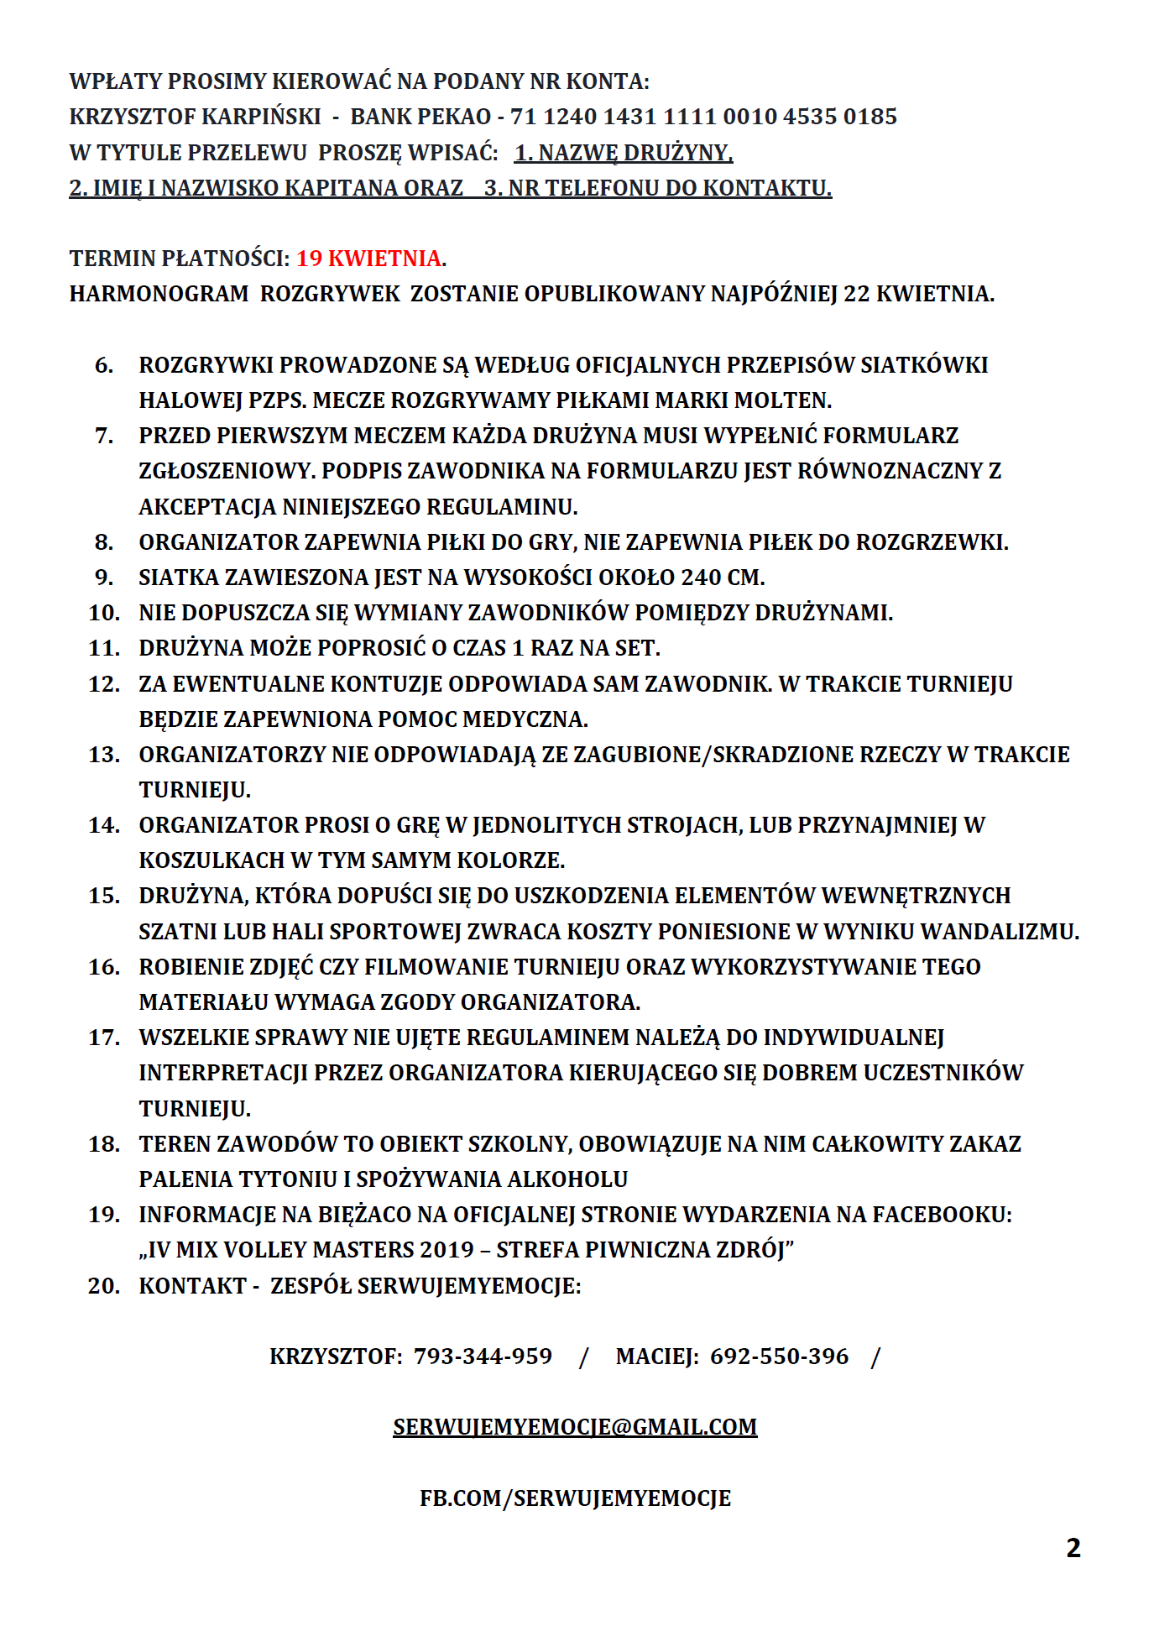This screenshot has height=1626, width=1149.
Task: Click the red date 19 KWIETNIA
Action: coord(369,258)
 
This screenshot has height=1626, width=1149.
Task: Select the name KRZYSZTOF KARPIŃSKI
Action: coord(195,116)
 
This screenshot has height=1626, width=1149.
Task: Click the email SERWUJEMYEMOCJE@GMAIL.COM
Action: coord(575,1427)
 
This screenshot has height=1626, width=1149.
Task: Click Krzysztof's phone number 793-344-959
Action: coord(483,1357)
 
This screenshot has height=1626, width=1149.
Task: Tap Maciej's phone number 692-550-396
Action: coord(779,1357)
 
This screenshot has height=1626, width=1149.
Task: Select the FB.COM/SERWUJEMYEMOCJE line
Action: coord(575,1498)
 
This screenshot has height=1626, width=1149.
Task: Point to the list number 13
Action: coord(104,755)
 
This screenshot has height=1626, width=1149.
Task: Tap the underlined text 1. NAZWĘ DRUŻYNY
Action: coord(624,153)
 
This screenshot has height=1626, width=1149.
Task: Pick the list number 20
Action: coord(104,1286)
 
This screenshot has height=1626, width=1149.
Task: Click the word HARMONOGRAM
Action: coord(159,294)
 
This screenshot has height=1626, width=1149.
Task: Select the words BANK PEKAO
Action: coord(420,116)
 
